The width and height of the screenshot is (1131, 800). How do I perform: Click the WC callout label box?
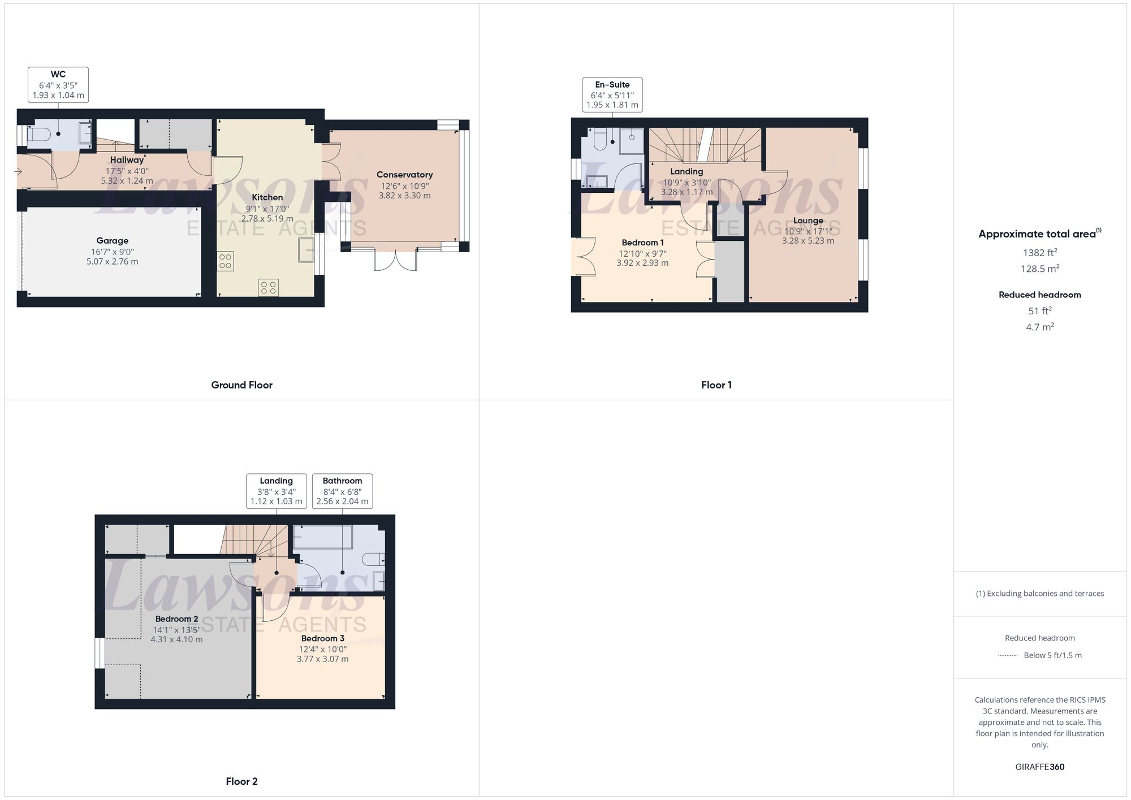(x=58, y=85)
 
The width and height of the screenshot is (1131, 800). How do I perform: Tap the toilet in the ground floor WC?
(x=40, y=135)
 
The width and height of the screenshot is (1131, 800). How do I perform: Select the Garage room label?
(x=112, y=241)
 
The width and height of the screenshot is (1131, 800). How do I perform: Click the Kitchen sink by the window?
(x=307, y=250)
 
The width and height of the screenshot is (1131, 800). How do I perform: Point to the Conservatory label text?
(x=404, y=175)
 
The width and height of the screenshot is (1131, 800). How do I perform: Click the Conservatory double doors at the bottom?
(x=395, y=260)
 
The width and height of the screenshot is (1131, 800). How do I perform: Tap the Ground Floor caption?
(x=241, y=385)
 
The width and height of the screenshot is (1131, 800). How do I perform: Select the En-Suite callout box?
(x=612, y=94)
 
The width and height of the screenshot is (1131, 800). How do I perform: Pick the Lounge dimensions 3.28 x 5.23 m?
(x=808, y=241)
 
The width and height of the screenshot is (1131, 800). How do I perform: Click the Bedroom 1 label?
(x=642, y=243)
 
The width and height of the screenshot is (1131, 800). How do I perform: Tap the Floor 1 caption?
(x=716, y=385)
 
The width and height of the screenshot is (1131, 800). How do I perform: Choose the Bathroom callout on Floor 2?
(x=342, y=491)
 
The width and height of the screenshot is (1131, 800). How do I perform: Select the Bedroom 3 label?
(x=322, y=638)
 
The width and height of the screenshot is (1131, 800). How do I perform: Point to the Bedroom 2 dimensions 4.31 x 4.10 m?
(x=176, y=639)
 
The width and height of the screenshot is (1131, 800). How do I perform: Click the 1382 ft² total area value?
(x=1039, y=253)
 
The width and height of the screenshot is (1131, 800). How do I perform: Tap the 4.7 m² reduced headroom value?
(x=1039, y=327)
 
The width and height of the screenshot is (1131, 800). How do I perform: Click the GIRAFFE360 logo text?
(x=1039, y=767)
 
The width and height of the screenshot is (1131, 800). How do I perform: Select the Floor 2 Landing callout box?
(x=276, y=491)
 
